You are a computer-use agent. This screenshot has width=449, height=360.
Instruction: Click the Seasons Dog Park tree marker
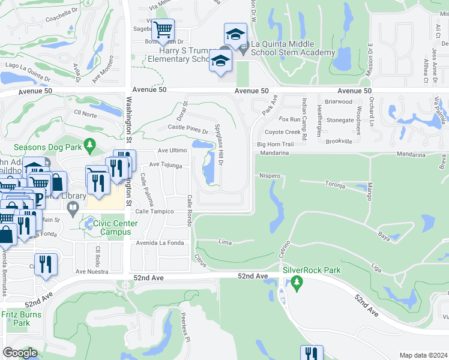click(90, 145)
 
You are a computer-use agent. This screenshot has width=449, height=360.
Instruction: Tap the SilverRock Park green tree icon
click(295, 283)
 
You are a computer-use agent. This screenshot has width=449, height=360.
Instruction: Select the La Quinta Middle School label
click(292, 48)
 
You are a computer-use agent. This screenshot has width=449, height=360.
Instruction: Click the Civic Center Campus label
click(116, 228)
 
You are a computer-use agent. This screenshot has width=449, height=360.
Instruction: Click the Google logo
click(20, 353)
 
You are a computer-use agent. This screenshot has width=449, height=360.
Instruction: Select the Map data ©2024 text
click(423, 355)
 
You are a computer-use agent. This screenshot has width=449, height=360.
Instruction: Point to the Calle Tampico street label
click(154, 212)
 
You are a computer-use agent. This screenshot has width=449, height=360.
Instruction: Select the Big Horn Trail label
click(275, 145)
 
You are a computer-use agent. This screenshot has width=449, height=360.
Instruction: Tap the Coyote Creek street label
click(282, 132)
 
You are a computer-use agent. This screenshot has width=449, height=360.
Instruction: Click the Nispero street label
click(270, 176)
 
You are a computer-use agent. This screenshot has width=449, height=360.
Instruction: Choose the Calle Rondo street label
click(189, 207)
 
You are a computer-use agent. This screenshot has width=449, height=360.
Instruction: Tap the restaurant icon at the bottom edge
click(312, 353)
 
